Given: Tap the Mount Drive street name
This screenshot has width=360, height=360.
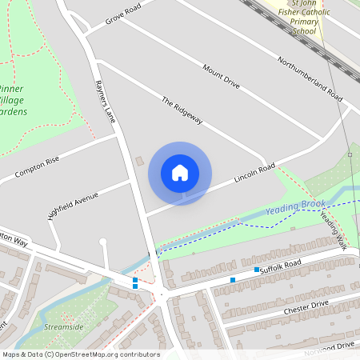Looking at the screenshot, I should (x=221, y=77).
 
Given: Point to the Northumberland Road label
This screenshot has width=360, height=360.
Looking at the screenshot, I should (x=310, y=78).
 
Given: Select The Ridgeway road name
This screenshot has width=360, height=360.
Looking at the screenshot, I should (x=182, y=111).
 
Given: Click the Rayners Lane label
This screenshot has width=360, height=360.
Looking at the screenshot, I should (x=105, y=101).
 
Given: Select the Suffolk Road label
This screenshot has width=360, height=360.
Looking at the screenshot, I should (x=280, y=263).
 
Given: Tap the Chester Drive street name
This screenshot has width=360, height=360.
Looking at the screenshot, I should (x=306, y=306).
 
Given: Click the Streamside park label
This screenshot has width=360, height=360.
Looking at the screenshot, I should (x=65, y=327).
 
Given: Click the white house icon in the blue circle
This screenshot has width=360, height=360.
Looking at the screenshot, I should (x=180, y=173).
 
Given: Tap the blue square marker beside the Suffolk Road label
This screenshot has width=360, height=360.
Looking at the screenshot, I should (x=257, y=270).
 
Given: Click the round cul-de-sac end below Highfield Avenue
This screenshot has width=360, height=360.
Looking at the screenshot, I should (x=102, y=241).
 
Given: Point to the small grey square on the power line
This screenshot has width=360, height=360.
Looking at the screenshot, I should (x=350, y=154).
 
